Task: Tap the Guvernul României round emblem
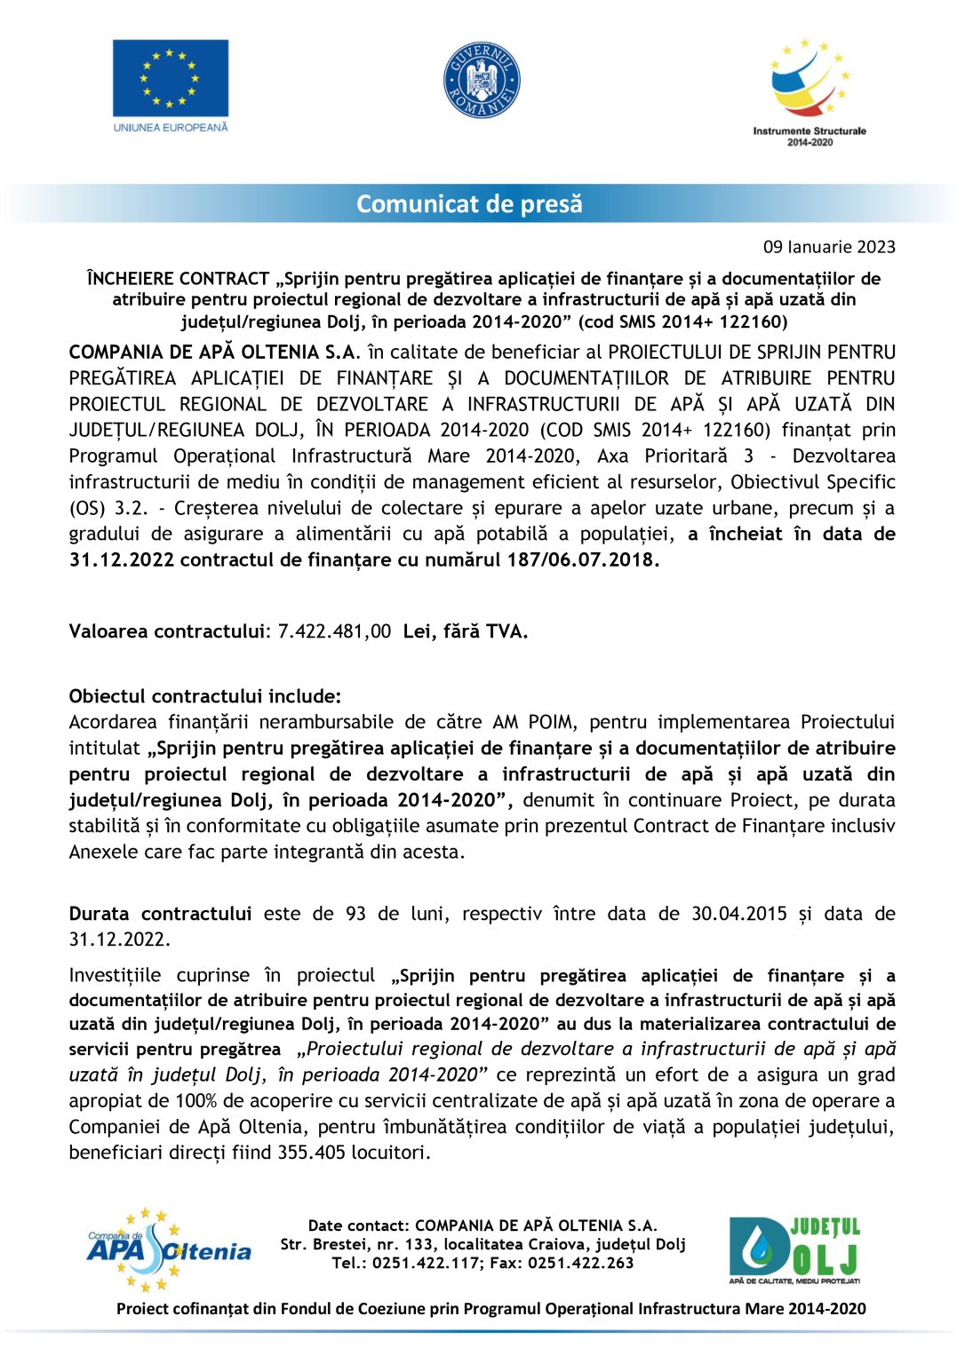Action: tap(481, 80)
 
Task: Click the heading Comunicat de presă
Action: tap(469, 204)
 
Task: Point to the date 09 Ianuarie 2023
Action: tap(829, 247)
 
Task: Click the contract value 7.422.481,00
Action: tap(334, 631)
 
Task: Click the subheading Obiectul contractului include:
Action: tap(205, 696)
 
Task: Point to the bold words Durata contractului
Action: tap(160, 914)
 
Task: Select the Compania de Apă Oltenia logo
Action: tap(168, 1249)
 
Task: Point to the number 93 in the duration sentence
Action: tap(355, 914)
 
